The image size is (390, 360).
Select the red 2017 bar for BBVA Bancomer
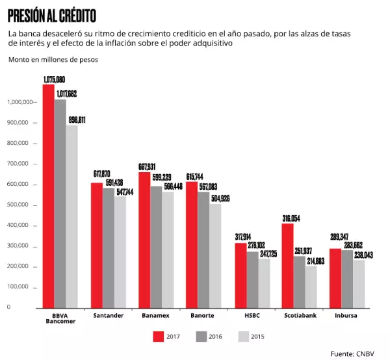click(48, 195)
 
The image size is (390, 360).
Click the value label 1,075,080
click(54, 79)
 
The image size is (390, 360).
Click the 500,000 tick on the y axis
click(19, 205)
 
